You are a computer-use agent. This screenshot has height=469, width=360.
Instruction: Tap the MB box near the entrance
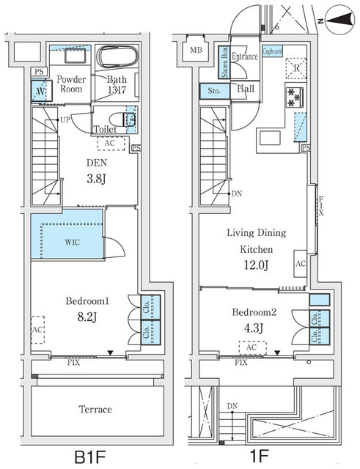tap(195, 50)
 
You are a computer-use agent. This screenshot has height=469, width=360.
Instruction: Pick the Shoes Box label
tap(224, 62)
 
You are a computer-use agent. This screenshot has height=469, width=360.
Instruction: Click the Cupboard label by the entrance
tap(271, 51)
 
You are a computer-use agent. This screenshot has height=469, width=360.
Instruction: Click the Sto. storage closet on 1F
tap(213, 92)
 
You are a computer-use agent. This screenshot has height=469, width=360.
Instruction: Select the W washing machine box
tap(40, 91)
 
